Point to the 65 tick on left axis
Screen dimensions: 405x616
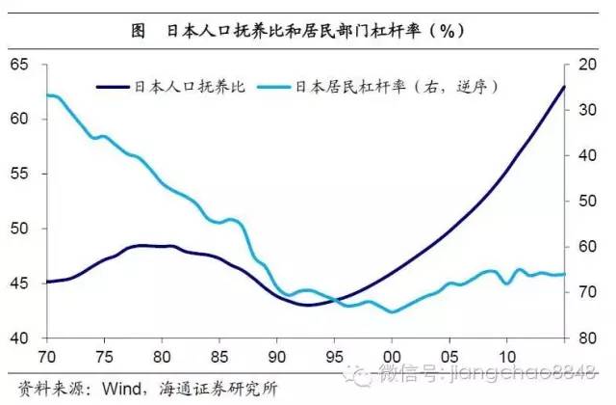[20, 64]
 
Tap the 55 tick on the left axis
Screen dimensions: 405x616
[20, 175]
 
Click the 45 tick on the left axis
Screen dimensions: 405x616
[20, 283]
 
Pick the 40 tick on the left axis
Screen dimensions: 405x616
[20, 338]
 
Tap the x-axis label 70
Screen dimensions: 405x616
[45, 354]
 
